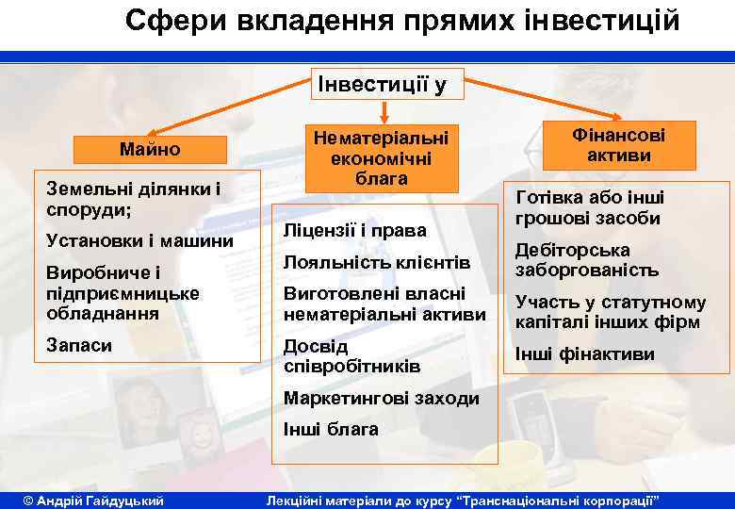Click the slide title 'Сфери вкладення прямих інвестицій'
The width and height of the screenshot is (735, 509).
[x=401, y=20]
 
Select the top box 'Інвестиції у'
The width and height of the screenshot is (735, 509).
[x=383, y=86]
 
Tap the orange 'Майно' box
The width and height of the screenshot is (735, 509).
[x=150, y=149]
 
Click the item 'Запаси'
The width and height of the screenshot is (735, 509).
[x=80, y=345]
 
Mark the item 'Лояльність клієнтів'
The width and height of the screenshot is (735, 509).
[x=376, y=261]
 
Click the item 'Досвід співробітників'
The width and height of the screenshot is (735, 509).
[x=338, y=355]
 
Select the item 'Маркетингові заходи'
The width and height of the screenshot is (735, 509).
[x=381, y=398]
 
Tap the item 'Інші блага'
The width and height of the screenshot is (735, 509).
[x=331, y=429]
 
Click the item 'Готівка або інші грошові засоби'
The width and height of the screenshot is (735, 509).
[x=589, y=207]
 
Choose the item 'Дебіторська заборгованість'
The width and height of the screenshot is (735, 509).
[x=585, y=260]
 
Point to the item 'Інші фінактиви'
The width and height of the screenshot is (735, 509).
[x=584, y=354]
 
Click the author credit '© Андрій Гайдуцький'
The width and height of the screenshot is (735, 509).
[x=93, y=499]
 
